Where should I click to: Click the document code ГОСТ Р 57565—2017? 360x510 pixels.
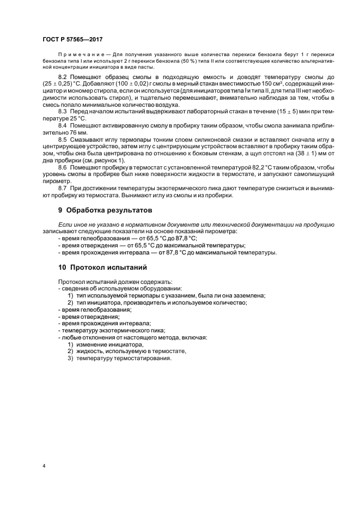(73, 40)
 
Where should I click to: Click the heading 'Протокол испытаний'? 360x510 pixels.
(106, 267)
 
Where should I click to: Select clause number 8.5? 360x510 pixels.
(64, 140)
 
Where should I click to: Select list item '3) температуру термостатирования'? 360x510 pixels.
(119, 359)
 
